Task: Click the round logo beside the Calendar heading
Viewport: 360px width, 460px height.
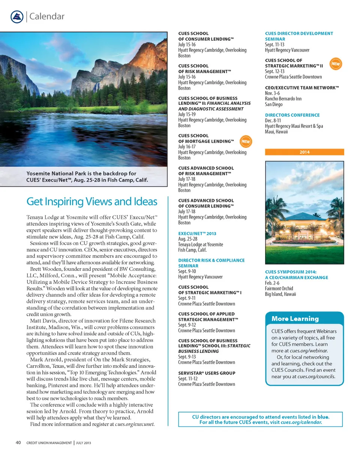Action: (x=17, y=17)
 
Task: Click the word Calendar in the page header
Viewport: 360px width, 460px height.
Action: (x=47, y=16)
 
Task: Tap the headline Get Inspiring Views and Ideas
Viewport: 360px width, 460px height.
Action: (x=92, y=202)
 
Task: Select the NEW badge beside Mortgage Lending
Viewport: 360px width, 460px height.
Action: (x=246, y=141)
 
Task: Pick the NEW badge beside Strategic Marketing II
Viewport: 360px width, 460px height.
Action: (x=336, y=64)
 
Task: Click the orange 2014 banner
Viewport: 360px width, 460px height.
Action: (x=304, y=152)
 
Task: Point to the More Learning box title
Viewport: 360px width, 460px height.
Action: (x=295, y=319)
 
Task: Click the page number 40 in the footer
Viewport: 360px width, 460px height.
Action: (x=18, y=443)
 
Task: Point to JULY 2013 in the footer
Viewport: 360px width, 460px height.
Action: (x=83, y=443)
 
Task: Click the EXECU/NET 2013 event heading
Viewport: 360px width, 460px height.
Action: (x=197, y=233)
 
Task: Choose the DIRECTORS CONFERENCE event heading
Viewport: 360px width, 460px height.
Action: (x=292, y=115)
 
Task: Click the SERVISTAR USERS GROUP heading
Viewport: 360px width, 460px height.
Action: (x=207, y=373)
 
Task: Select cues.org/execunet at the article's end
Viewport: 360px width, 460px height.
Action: (x=135, y=424)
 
